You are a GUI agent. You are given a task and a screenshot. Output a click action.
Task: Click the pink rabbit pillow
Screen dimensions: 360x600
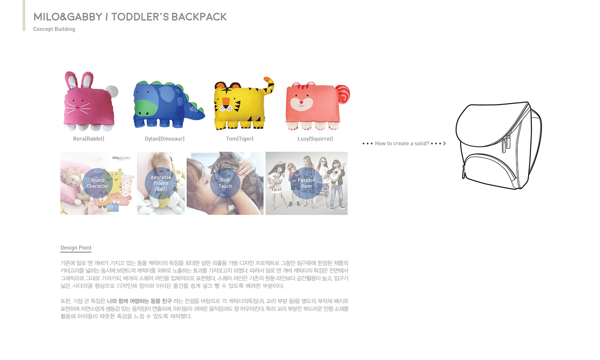coord(88,105)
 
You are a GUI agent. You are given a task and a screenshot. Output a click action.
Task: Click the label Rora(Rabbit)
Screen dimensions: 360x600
coord(89,139)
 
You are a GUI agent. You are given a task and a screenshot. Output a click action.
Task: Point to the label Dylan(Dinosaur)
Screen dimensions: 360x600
coord(165,139)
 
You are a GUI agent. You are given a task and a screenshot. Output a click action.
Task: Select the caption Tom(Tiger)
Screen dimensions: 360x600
coord(240,139)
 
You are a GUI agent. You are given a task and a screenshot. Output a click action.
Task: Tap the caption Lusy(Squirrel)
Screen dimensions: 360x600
coord(315,139)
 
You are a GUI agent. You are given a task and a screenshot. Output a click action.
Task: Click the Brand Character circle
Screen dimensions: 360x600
coord(98,183)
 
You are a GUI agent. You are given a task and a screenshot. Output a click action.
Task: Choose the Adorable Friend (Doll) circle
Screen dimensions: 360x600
coord(161,183)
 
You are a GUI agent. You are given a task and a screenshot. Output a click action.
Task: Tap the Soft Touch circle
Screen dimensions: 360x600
coord(225,183)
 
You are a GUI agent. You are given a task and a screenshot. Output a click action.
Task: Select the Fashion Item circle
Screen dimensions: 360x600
coord(306,183)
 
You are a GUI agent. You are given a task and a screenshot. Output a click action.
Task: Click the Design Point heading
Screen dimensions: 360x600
coord(76,248)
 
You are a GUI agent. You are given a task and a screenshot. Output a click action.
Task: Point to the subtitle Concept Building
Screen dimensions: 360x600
coord(54,29)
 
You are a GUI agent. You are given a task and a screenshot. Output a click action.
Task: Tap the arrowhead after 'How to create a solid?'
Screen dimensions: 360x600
coord(444,144)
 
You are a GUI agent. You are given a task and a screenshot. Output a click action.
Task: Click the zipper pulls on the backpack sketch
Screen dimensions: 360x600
coord(506,141)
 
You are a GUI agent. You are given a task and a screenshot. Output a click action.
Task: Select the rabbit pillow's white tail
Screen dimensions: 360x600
coord(112,91)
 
